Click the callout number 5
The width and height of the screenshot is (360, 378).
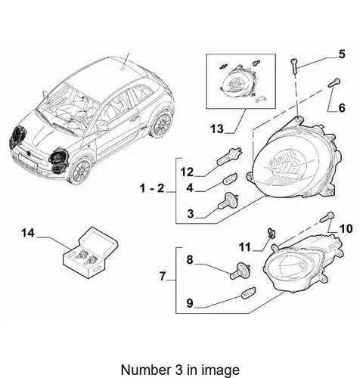pyautogui.click(x=342, y=54)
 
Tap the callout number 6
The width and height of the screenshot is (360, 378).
pyautogui.click(x=342, y=108)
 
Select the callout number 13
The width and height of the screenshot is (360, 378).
pyautogui.click(x=217, y=129)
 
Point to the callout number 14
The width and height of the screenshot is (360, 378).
pyautogui.click(x=28, y=233)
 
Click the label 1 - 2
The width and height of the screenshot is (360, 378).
pyautogui.click(x=152, y=188)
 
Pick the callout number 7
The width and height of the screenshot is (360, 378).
pyautogui.click(x=163, y=276)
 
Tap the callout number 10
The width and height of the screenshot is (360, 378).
pyautogui.click(x=346, y=229)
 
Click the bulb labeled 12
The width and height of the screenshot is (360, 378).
pyautogui.click(x=230, y=156)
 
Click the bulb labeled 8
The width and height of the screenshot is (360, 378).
pyautogui.click(x=240, y=271)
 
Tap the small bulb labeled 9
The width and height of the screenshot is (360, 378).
pyautogui.click(x=249, y=293)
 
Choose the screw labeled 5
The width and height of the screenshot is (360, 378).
pyautogui.click(x=295, y=66)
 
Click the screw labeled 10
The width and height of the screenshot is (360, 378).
pyautogui.click(x=327, y=217)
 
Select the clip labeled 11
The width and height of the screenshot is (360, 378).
pyautogui.click(x=272, y=233)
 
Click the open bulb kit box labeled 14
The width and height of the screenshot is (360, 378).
pyautogui.click(x=90, y=253)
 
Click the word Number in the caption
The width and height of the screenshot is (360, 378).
pyautogui.click(x=142, y=370)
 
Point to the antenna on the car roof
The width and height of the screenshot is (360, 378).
pyautogui.click(x=126, y=60)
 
